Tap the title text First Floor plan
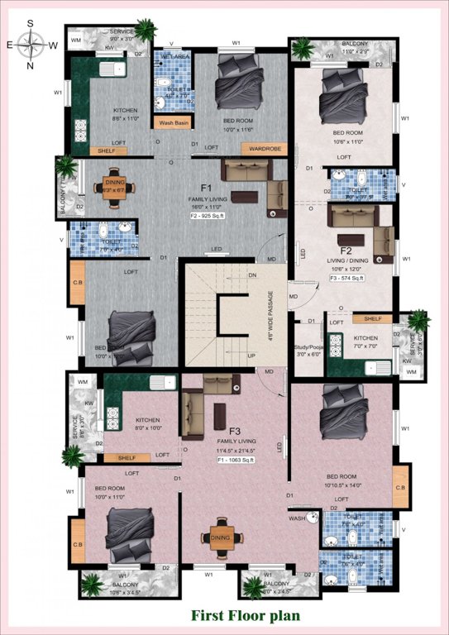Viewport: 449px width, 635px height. tap(246, 615)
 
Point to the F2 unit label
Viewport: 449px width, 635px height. tap(346, 249)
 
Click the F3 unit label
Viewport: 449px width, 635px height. tap(235, 431)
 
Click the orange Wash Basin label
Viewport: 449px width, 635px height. tap(174, 123)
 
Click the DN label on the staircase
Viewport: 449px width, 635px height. tap(253, 275)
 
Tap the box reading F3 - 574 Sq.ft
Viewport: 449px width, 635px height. tap(347, 279)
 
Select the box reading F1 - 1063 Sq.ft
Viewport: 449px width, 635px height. tap(236, 461)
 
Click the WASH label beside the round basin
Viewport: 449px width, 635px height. tap(297, 518)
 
